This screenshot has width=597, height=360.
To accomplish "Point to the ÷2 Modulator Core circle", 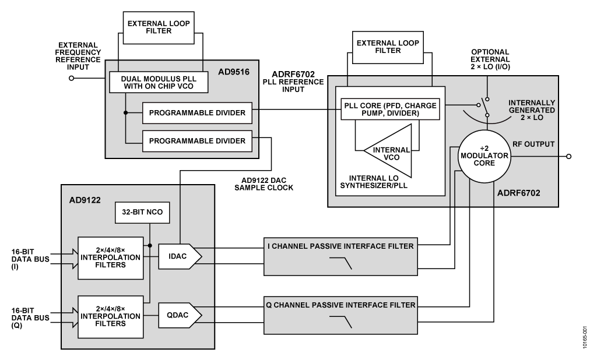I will (x=483, y=157).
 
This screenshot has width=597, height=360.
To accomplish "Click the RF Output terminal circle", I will (x=569, y=157).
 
